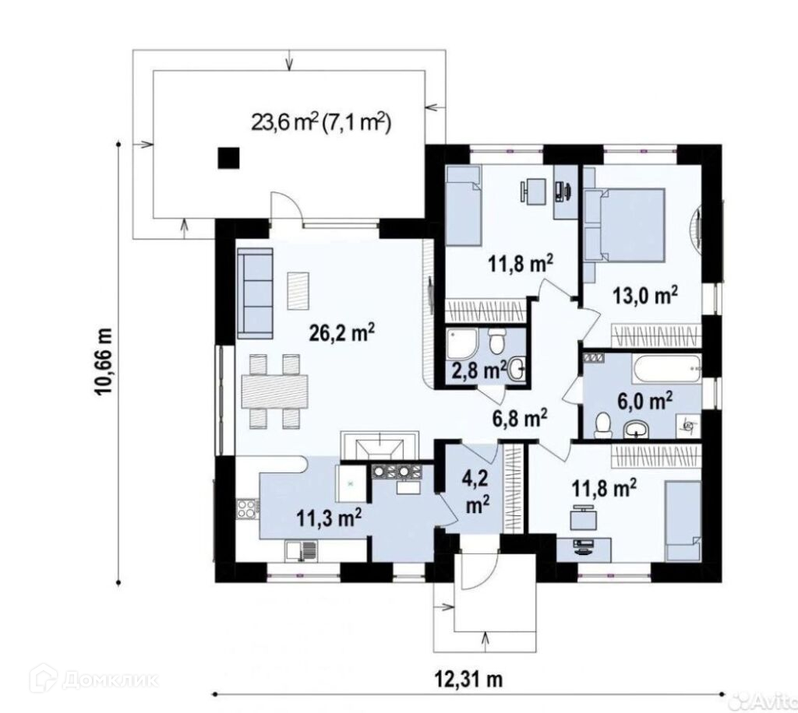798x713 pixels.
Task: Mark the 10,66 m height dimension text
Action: [x=104, y=361]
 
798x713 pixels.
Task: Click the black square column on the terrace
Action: [x=228, y=157]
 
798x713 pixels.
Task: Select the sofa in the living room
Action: [x=256, y=293]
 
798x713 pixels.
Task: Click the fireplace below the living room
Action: [x=380, y=446]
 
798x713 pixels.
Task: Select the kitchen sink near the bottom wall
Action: [x=302, y=551]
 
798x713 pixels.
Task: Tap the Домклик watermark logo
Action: [x=94, y=680]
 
